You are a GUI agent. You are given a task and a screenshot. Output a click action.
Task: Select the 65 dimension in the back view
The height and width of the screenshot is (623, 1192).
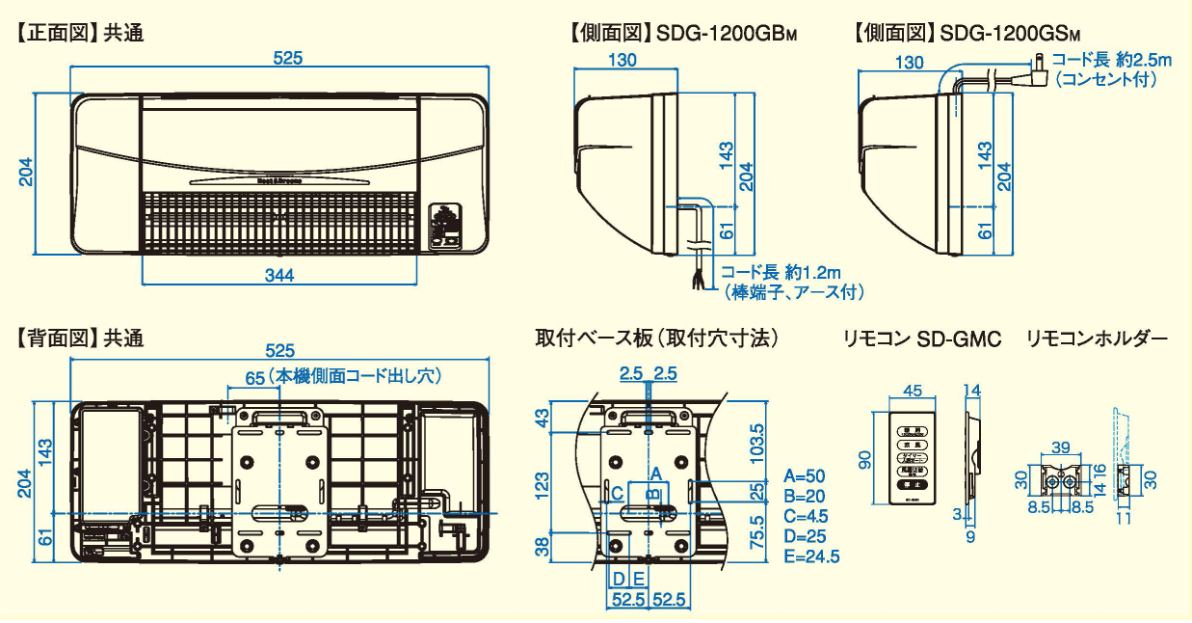pos(254,378)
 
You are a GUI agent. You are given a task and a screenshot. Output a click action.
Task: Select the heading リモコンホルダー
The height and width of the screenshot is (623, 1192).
pos(1097,339)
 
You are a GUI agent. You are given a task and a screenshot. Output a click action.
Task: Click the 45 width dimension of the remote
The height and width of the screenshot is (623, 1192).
pos(912,391)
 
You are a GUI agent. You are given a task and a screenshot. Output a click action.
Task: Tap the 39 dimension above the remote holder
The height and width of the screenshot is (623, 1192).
pos(1060,447)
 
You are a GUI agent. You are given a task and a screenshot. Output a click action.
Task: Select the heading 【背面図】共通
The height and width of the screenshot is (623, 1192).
pos(80,339)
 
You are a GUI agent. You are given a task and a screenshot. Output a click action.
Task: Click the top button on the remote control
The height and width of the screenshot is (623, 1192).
pos(912,431)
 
